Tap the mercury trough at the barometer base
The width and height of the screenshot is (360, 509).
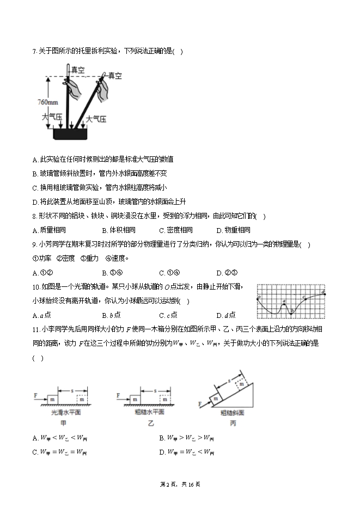(71, 134)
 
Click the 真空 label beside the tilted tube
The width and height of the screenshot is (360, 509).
(114, 76)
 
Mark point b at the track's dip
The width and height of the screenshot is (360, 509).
(292, 312)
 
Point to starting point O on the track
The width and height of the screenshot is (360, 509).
(259, 297)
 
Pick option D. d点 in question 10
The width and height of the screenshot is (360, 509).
(225, 315)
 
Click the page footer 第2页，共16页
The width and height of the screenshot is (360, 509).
(180, 485)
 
